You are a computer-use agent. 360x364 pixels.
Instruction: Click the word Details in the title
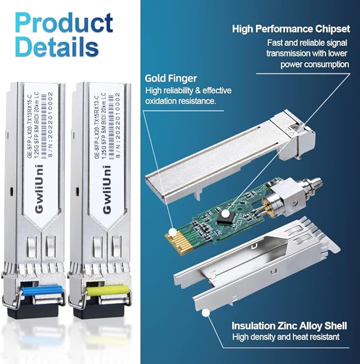point(57,47)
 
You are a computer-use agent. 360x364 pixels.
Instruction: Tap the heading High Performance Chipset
point(291,28)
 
